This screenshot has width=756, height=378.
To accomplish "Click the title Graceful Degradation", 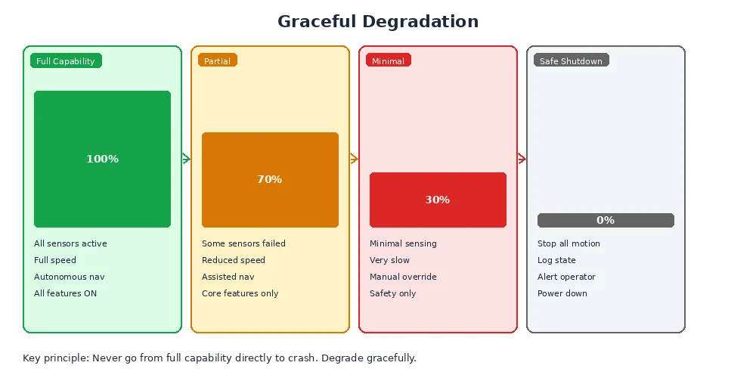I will [x=378, y=21].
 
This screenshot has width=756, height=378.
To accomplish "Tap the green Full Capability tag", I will [x=66, y=61].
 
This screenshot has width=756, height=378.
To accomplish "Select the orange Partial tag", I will [x=218, y=61].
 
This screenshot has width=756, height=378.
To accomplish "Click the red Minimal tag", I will [x=389, y=61].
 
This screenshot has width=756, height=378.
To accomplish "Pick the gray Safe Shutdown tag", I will [x=571, y=61].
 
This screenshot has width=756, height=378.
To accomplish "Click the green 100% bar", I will [x=102, y=159].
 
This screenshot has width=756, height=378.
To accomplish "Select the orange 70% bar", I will [x=270, y=179].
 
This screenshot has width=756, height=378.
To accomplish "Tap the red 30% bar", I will [x=438, y=200].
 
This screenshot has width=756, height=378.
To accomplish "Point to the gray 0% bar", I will [x=606, y=220].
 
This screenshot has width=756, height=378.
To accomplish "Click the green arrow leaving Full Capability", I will [x=186, y=159].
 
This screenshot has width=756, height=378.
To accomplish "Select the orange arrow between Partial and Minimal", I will [x=354, y=159].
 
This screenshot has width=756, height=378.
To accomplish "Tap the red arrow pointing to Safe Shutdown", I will [x=522, y=159].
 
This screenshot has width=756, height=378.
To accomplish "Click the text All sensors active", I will [x=70, y=243].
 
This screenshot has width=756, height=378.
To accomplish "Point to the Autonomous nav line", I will [x=70, y=277].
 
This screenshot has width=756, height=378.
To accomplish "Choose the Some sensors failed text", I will [x=243, y=243].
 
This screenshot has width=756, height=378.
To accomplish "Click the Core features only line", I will [x=240, y=293].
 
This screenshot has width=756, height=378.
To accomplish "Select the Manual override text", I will [x=403, y=277].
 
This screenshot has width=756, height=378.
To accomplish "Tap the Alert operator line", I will [x=566, y=277].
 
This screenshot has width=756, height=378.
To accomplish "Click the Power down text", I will [x=562, y=293].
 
